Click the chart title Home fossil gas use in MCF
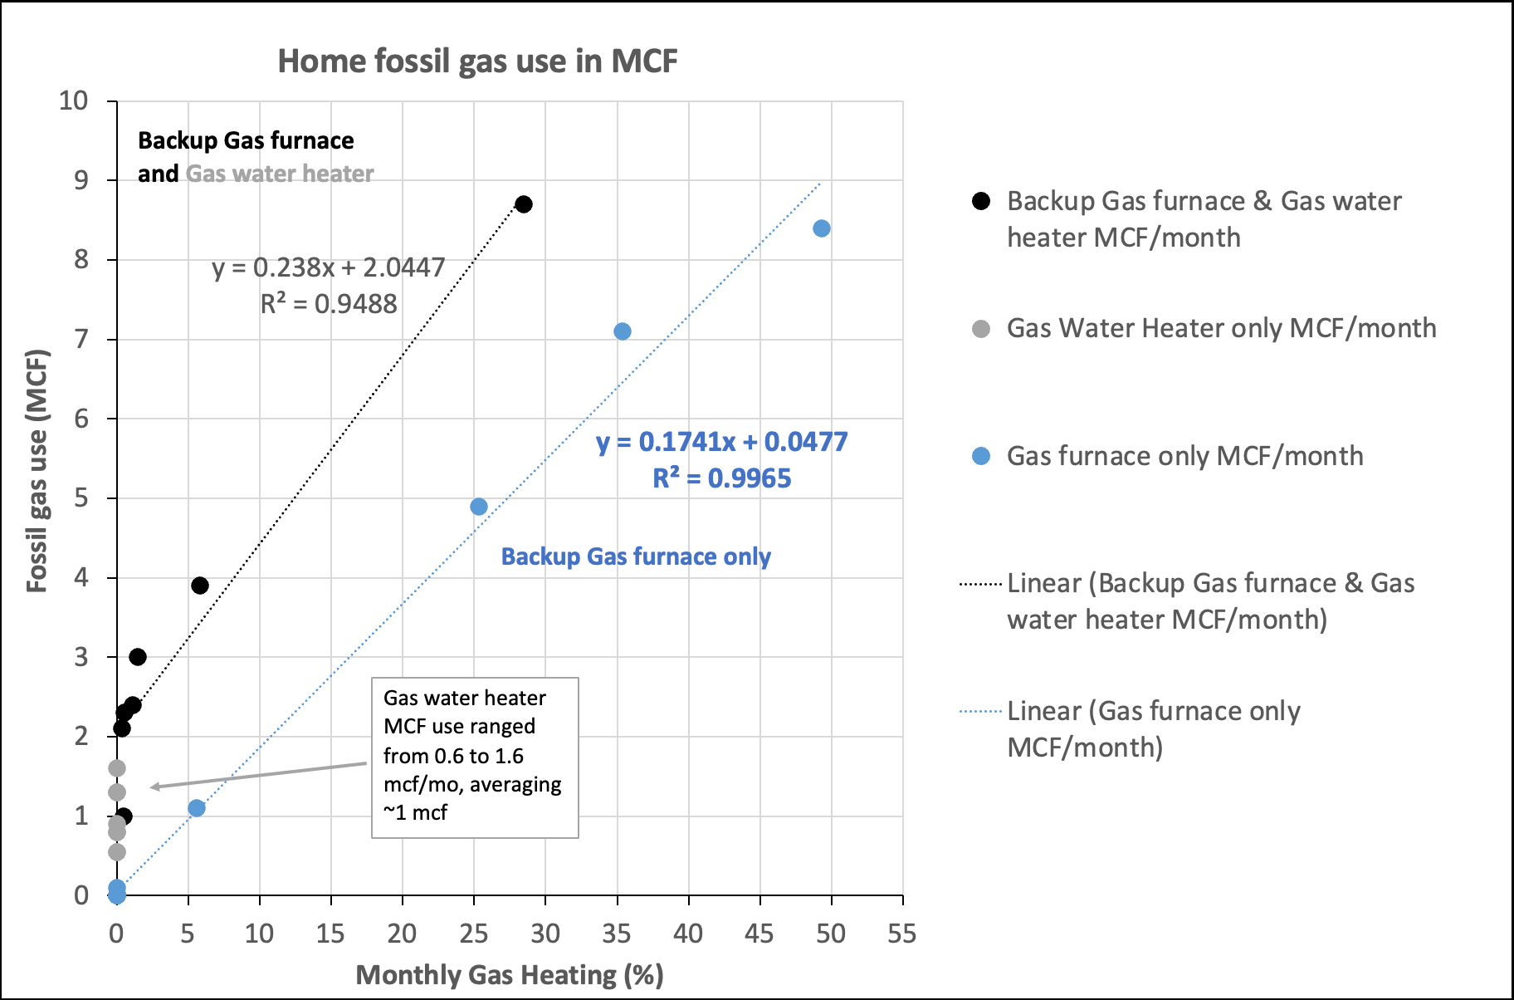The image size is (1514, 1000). tap(477, 61)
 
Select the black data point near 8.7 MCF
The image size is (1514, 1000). tap(523, 204)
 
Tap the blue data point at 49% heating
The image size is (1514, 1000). tap(821, 228)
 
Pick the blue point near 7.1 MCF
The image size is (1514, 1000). tap(622, 331)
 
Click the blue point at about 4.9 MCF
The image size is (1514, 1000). tap(478, 507)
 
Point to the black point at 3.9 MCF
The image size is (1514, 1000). tap(199, 586)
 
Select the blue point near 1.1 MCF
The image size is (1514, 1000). tap(196, 808)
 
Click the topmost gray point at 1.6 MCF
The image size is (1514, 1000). tap(117, 768)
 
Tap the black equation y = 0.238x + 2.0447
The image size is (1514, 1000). tap(329, 267)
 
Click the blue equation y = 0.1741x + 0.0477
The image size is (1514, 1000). tap(722, 442)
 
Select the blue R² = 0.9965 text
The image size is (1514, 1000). tap(722, 478)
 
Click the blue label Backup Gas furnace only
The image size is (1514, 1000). tap(636, 556)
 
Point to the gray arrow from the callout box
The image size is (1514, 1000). tap(257, 775)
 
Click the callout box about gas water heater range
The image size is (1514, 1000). tap(475, 757)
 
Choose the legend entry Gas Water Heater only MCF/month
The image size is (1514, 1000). tap(1221, 328)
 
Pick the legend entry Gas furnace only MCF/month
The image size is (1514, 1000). tap(1184, 456)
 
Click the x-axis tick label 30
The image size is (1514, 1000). tap(545, 934)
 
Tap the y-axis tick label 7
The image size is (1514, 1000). tap(81, 340)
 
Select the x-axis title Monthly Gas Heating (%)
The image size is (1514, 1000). tap(510, 975)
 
